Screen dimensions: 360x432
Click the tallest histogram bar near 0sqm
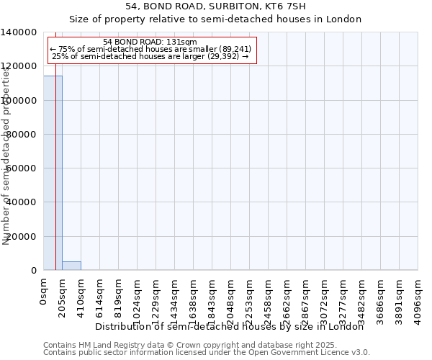[53, 173]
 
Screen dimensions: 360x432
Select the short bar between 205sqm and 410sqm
[71, 266]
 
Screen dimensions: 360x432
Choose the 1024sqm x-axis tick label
[138, 299]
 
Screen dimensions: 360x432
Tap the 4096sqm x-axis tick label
[418, 299]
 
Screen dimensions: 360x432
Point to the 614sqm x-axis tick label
[100, 296]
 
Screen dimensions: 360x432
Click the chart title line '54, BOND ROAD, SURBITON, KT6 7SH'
[215, 6]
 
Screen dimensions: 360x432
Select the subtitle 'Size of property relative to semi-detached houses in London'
[215, 19]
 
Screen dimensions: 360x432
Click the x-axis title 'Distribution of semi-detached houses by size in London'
[230, 326]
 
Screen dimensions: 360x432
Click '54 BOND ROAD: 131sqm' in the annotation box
[150, 42]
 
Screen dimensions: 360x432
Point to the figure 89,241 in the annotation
[235, 49]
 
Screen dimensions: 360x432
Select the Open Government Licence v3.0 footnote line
[207, 353]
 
